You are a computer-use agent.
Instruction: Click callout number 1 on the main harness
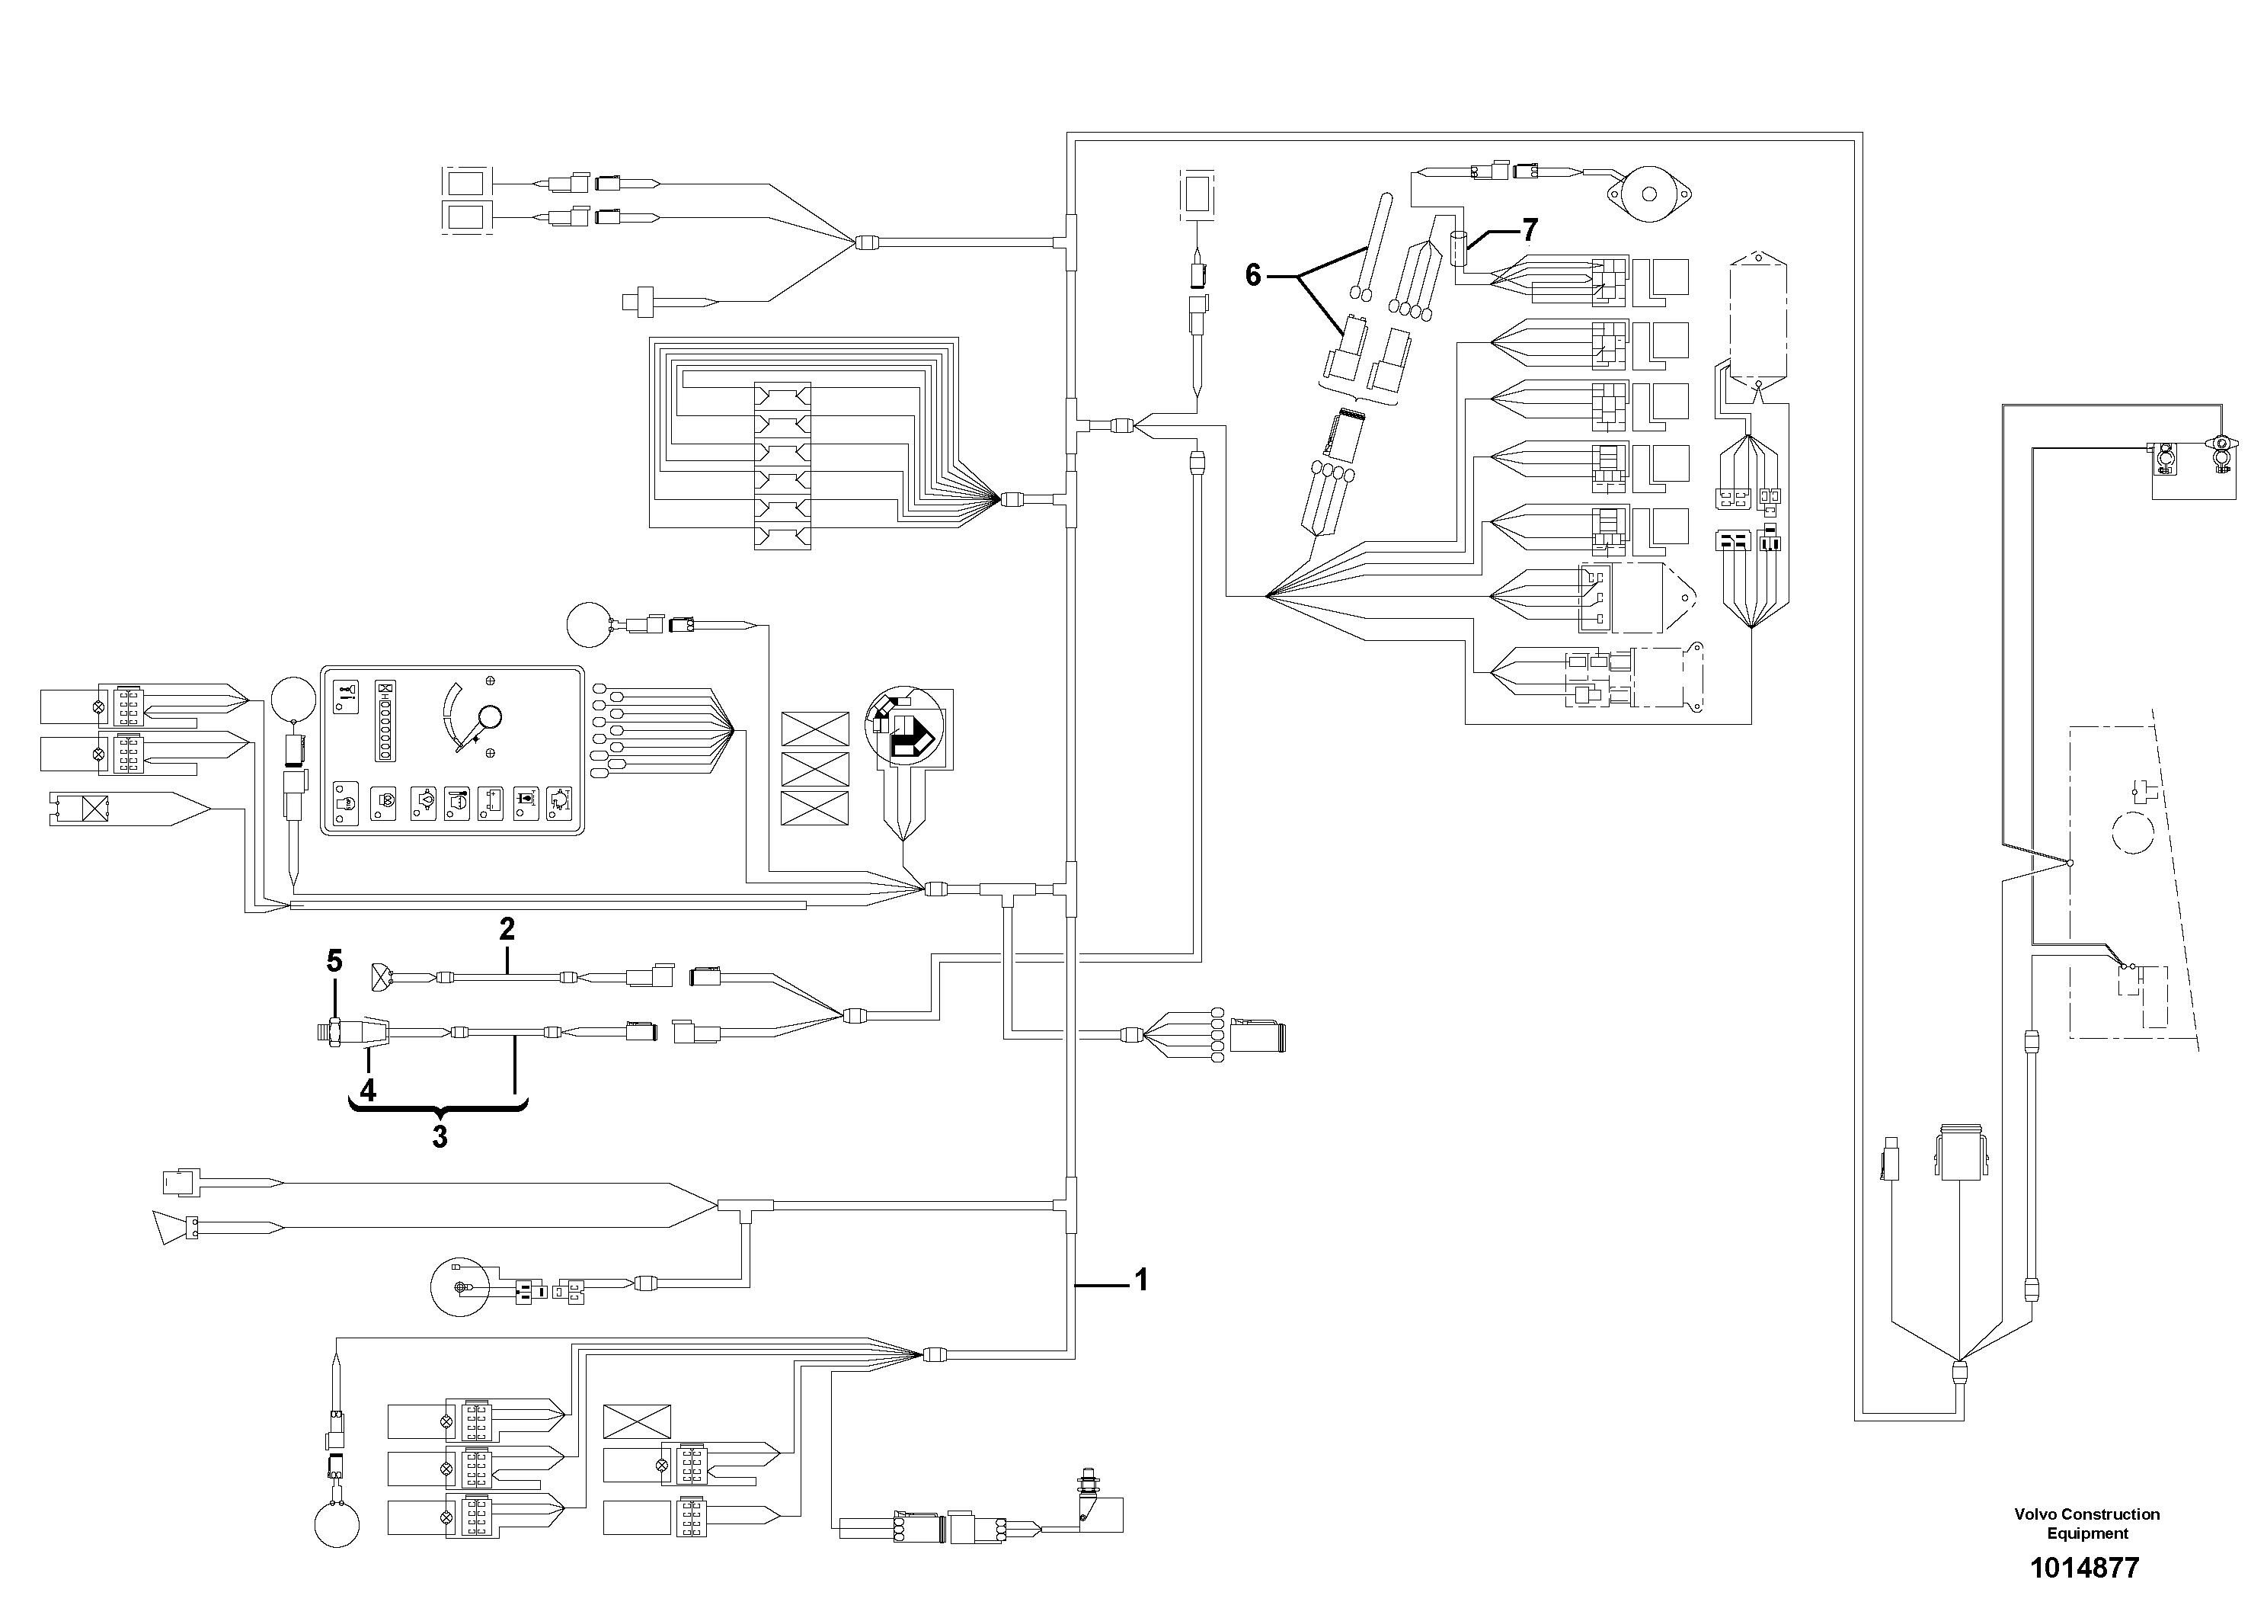point(1140,1280)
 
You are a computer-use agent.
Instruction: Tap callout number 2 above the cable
point(507,928)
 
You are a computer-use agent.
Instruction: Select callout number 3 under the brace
point(440,1137)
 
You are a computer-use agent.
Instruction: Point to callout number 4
point(367,1091)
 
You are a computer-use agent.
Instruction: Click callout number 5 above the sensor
point(334,960)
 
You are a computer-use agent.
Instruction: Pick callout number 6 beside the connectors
point(1253,276)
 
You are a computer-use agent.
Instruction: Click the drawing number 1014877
point(2083,1568)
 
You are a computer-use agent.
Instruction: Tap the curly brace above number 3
point(438,1108)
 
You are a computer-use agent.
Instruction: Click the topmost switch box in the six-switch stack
point(782,395)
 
